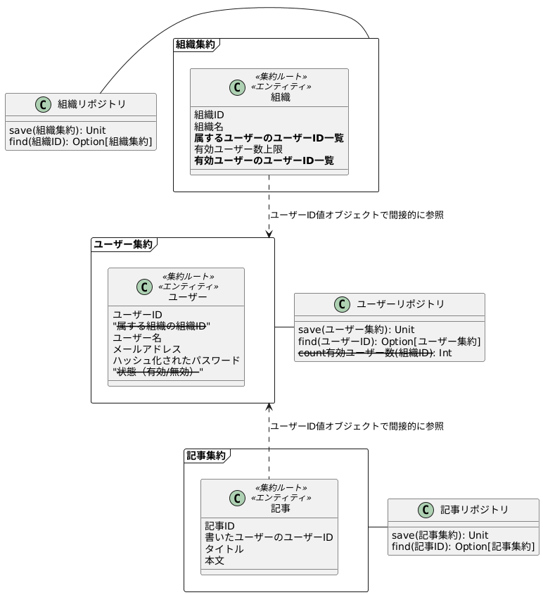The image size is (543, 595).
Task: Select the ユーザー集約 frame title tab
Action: (x=123, y=244)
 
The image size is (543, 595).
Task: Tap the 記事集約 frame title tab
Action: (x=205, y=456)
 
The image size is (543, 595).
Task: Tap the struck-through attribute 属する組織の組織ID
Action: (x=161, y=326)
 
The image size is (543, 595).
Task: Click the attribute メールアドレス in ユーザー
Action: (x=146, y=349)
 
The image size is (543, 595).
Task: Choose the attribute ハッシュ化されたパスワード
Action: (x=176, y=361)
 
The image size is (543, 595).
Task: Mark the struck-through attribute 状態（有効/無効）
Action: (x=158, y=372)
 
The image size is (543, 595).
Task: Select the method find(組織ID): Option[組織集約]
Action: (x=80, y=142)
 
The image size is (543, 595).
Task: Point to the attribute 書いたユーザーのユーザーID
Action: (x=269, y=538)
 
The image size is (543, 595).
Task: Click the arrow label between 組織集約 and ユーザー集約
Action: (x=357, y=214)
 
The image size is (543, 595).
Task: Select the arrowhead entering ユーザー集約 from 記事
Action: (x=269, y=406)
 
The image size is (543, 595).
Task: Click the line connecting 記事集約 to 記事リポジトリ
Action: (x=378, y=527)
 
